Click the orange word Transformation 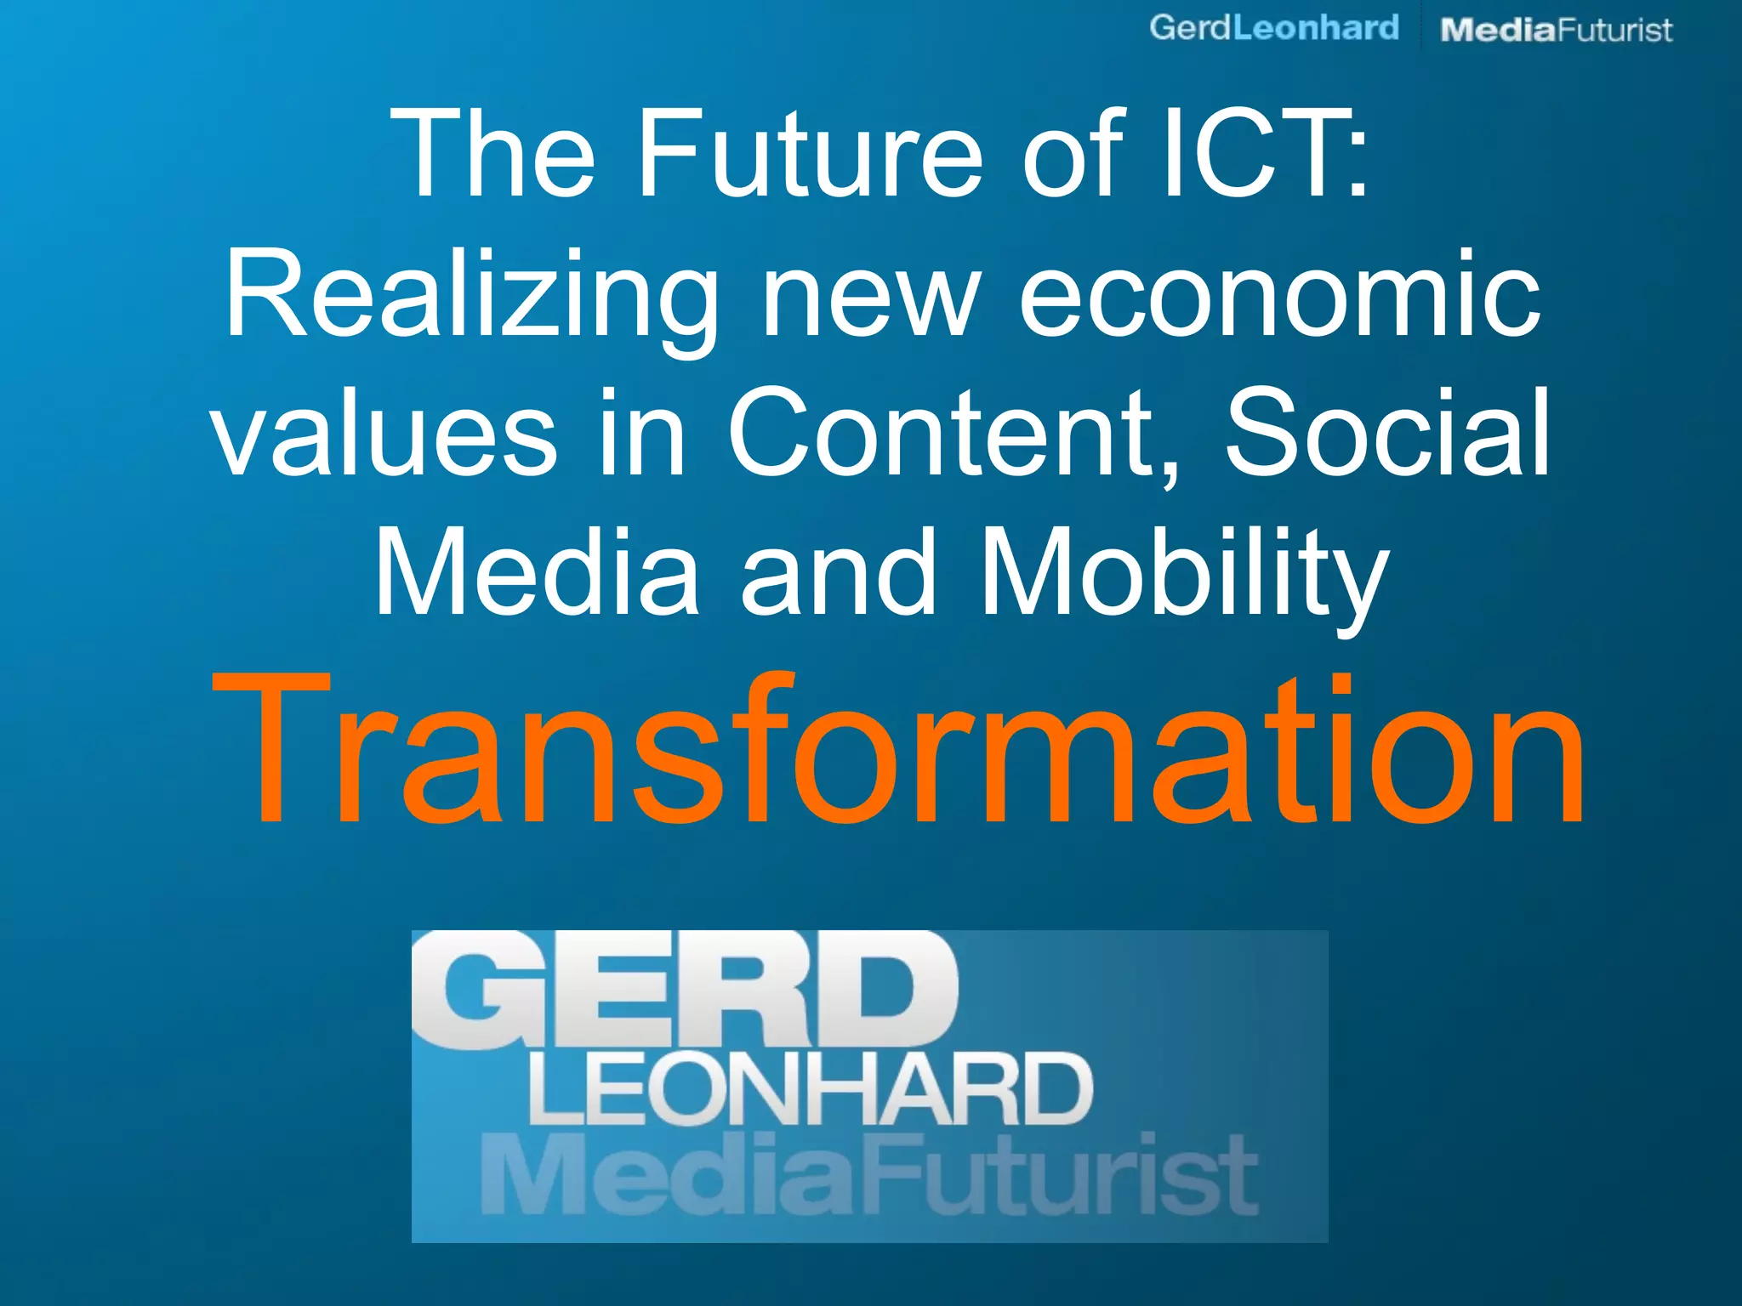pos(898,748)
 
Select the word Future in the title pos(808,155)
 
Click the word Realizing pos(470,298)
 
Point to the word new pos(869,298)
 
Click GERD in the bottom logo pos(685,991)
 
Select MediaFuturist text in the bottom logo pos(868,1178)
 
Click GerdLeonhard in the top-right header pos(1273,28)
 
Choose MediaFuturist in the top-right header pos(1556,31)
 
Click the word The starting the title pos(493,155)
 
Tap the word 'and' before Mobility pos(838,574)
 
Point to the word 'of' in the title pos(1073,155)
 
